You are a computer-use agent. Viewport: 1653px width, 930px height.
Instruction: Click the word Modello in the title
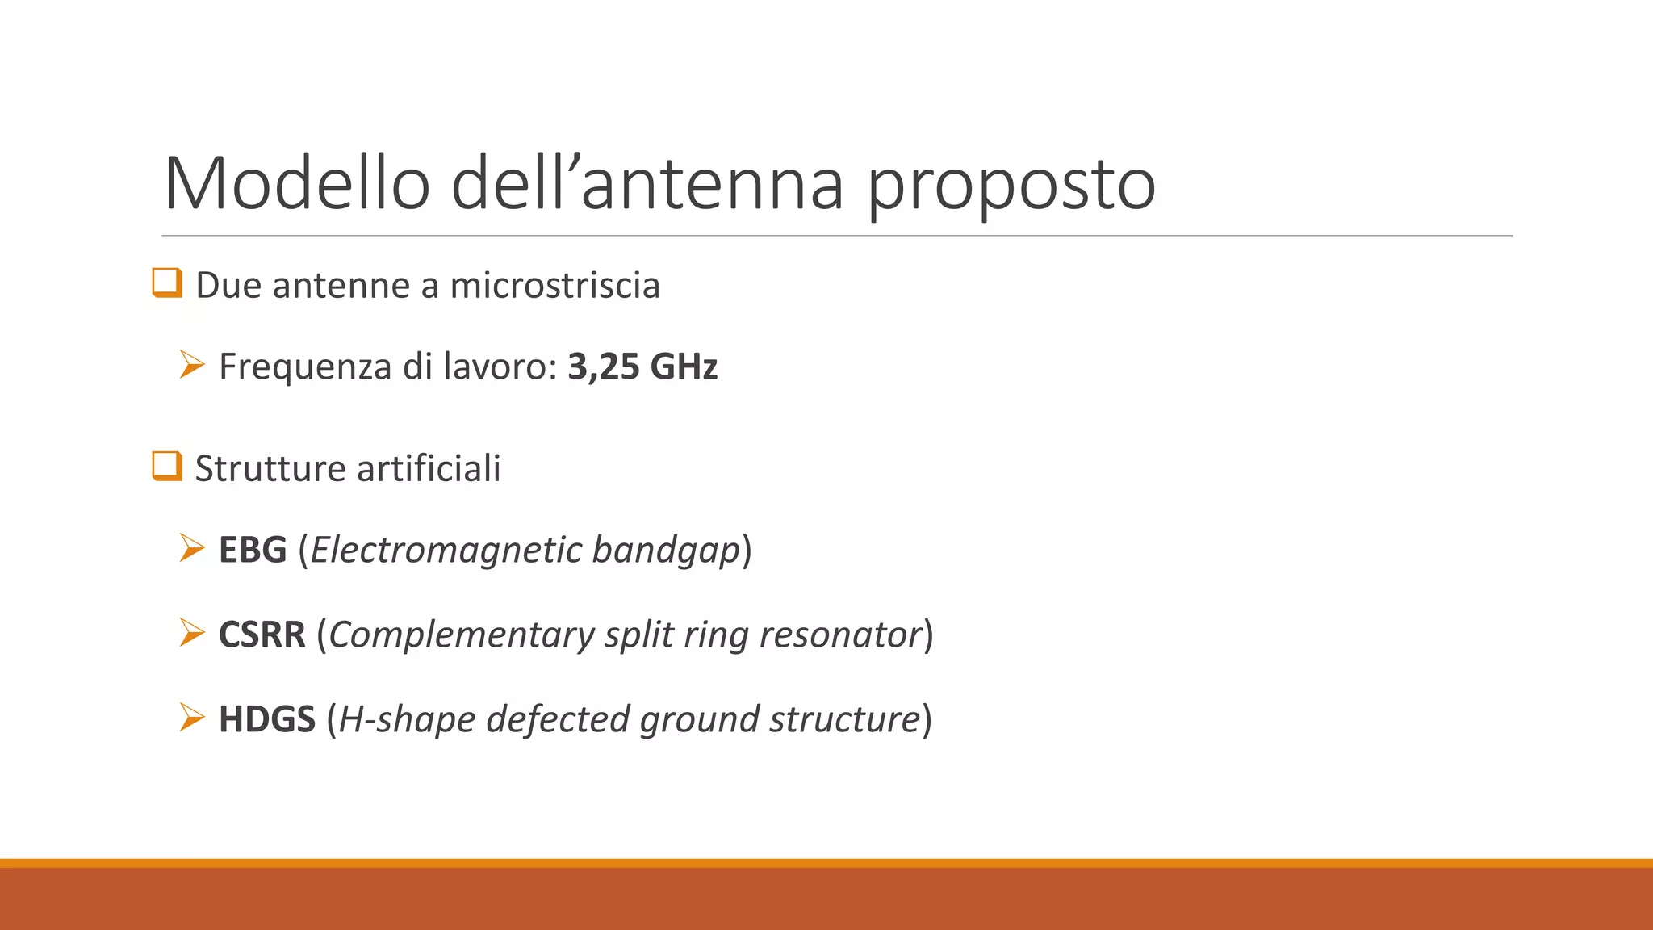[296, 184]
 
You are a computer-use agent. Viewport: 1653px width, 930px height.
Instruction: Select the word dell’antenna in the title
[647, 184]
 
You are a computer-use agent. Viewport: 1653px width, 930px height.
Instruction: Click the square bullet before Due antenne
[167, 283]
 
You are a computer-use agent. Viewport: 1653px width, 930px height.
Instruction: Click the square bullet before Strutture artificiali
[167, 467]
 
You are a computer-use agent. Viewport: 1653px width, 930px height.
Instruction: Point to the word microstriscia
[554, 286]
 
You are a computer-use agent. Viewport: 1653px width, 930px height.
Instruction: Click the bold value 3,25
[603, 367]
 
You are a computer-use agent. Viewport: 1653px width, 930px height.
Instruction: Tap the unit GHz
[684, 367]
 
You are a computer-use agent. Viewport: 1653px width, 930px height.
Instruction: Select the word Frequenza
[305, 367]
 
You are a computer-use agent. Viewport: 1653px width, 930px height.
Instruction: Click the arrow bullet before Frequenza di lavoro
[192, 365]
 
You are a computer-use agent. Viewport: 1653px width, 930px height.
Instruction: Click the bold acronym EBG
[253, 551]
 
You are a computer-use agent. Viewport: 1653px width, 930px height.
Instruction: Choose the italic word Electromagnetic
[446, 551]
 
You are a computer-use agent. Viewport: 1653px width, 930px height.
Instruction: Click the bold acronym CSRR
[262, 635]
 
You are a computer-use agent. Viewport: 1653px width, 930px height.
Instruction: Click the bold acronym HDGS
[267, 719]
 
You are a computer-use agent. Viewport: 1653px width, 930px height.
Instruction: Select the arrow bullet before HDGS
[192, 717]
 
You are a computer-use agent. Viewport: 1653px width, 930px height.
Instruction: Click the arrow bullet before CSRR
[192, 632]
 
